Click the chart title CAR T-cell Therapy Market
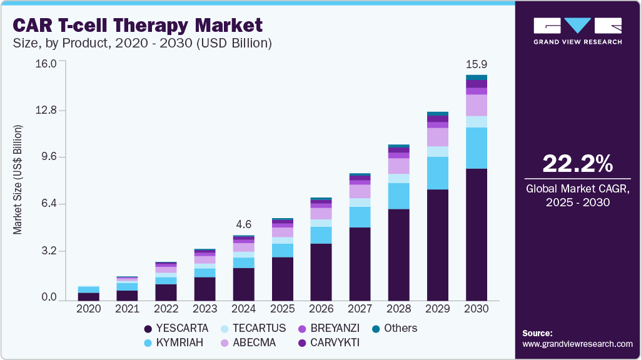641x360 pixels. [138, 25]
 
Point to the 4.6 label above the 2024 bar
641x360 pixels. [243, 224]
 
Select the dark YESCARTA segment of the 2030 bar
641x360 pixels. [476, 234]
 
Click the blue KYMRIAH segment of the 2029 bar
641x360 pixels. [437, 173]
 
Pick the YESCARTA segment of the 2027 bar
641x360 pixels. [360, 264]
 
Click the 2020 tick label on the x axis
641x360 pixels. [88, 309]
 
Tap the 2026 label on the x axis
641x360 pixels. [321, 309]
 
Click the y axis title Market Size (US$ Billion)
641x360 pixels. [18, 180]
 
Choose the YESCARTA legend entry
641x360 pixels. [176, 329]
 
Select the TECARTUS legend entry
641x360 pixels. [252, 329]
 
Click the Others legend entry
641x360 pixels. [394, 329]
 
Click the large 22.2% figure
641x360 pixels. [577, 164]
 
